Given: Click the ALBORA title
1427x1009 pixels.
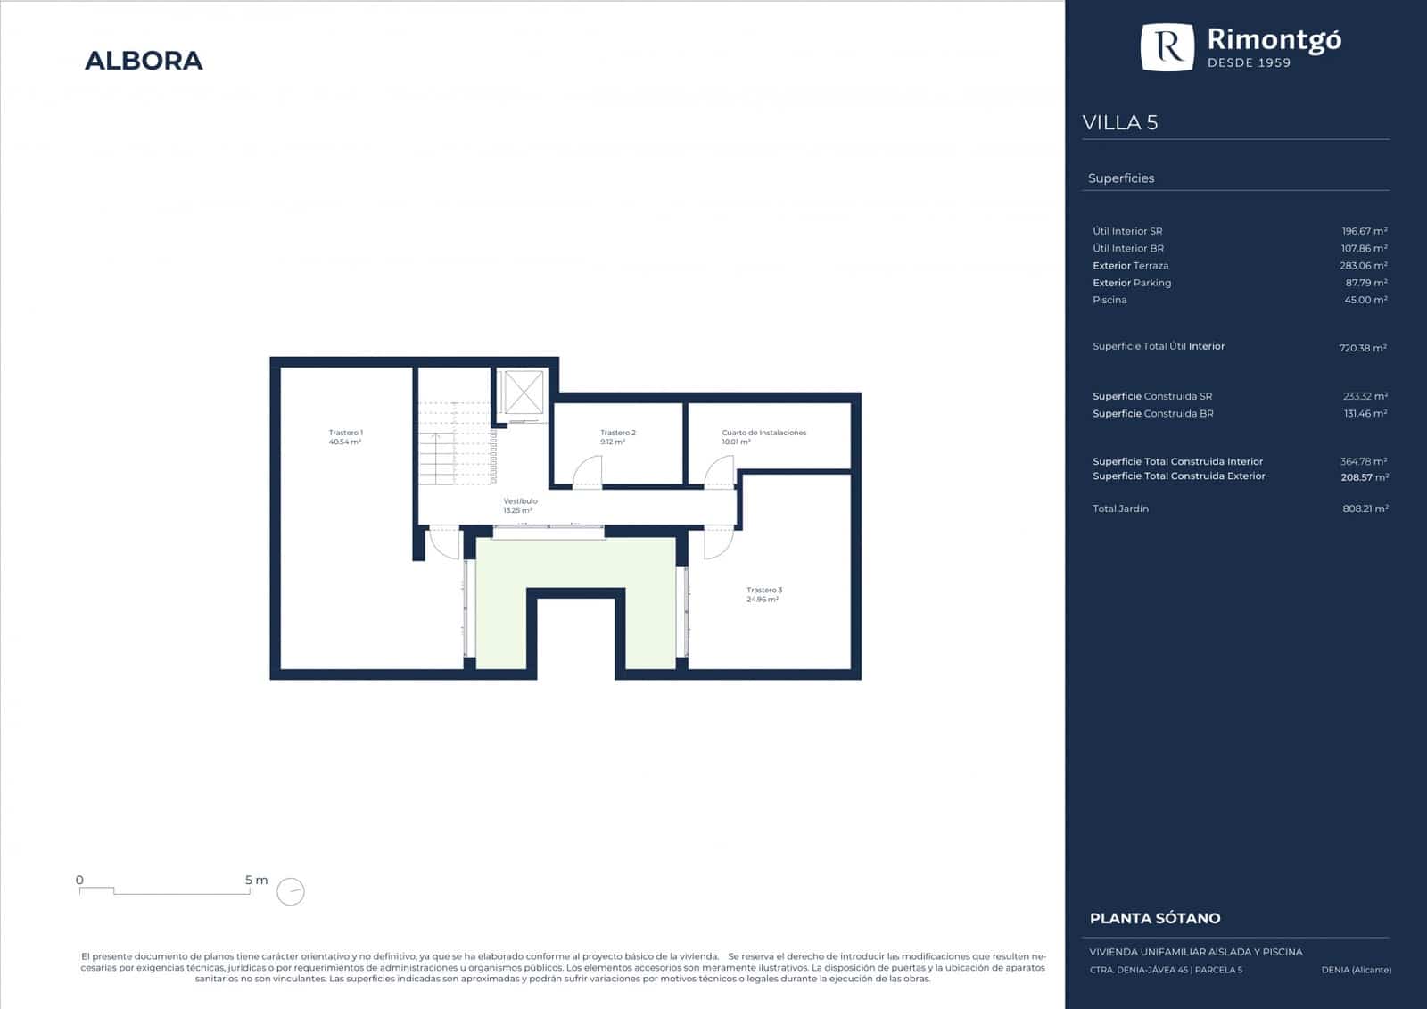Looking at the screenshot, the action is click(x=144, y=61).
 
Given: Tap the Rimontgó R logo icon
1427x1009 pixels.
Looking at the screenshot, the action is click(x=1167, y=46).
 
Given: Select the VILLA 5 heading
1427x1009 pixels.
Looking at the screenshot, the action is click(x=1120, y=122).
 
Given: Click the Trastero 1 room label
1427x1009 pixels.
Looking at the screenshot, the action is click(x=345, y=437).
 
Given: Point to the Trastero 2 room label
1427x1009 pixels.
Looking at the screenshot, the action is click(x=617, y=437).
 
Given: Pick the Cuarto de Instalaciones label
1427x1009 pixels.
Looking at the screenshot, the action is click(x=763, y=437).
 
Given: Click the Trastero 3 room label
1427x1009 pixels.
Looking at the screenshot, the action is click(x=763, y=595).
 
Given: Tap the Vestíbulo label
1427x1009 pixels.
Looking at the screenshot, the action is click(x=520, y=506).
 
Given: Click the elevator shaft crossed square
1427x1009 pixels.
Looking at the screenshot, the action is click(x=523, y=393).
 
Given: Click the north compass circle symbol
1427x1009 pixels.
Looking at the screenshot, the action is click(x=291, y=891).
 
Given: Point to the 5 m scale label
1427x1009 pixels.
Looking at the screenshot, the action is click(x=256, y=881).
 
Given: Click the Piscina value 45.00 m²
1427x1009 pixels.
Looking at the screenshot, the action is click(x=1365, y=301).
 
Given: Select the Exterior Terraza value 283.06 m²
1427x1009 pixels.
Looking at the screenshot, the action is click(x=1364, y=266).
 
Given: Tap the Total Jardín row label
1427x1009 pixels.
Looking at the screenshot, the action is click(x=1120, y=509).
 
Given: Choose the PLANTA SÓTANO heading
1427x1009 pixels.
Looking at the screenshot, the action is click(x=1155, y=919).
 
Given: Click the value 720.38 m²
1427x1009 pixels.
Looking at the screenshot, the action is click(x=1363, y=348).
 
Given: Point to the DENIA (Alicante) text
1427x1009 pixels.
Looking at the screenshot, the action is click(x=1357, y=970).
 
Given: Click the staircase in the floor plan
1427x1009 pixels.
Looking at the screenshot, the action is click(x=455, y=442).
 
